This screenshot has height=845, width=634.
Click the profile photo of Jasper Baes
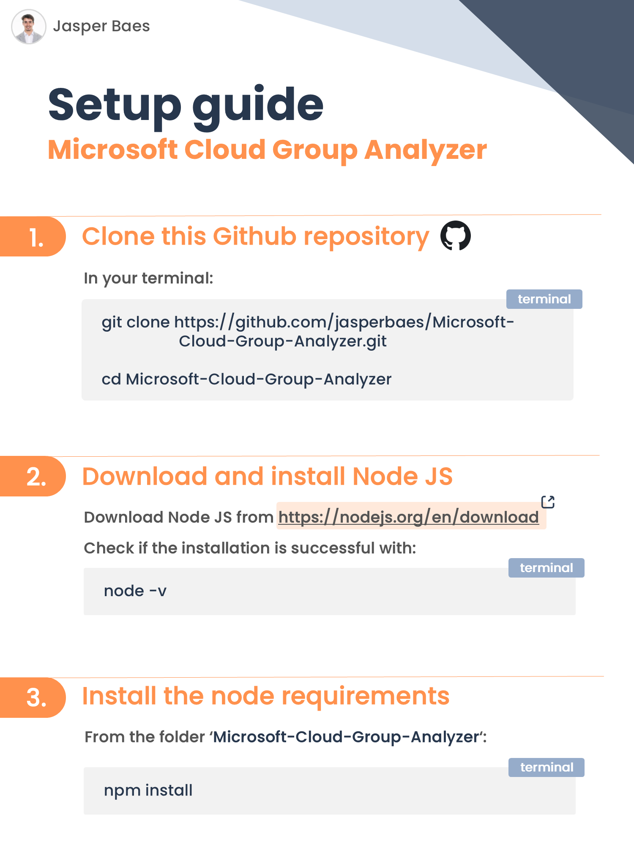point(29,27)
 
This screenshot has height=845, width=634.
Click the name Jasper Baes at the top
point(101,26)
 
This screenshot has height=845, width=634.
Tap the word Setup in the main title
point(115,105)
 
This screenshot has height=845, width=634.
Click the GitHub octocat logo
point(455,236)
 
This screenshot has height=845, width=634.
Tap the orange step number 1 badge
point(36,237)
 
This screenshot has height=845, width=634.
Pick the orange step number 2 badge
point(36,477)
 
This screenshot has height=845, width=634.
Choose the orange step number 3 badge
point(36,698)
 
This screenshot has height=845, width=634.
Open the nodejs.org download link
point(408,517)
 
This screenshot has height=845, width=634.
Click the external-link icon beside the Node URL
point(548,502)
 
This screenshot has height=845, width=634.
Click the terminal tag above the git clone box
point(544,299)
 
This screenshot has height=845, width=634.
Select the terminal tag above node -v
point(546,568)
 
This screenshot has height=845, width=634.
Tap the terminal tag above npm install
point(547,767)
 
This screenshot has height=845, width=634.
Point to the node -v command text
point(135,591)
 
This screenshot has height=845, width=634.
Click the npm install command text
point(148,790)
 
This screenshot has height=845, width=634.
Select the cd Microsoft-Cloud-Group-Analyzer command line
point(246,379)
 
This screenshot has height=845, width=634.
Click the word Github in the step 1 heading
point(254,236)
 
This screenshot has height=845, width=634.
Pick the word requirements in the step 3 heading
point(365,696)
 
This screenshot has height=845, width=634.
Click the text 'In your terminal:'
point(148,278)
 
